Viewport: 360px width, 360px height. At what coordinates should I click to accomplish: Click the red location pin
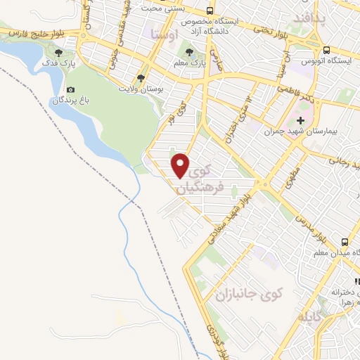coord(181,165)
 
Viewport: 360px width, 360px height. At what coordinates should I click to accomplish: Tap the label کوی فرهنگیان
coord(209,179)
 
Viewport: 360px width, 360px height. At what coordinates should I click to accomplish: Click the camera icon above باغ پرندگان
coord(70,90)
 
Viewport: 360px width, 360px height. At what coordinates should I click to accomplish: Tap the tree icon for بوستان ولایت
coord(141,78)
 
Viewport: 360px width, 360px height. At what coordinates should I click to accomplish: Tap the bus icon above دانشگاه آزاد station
coord(210,11)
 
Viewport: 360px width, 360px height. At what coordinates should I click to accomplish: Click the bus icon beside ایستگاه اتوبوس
coord(326,49)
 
